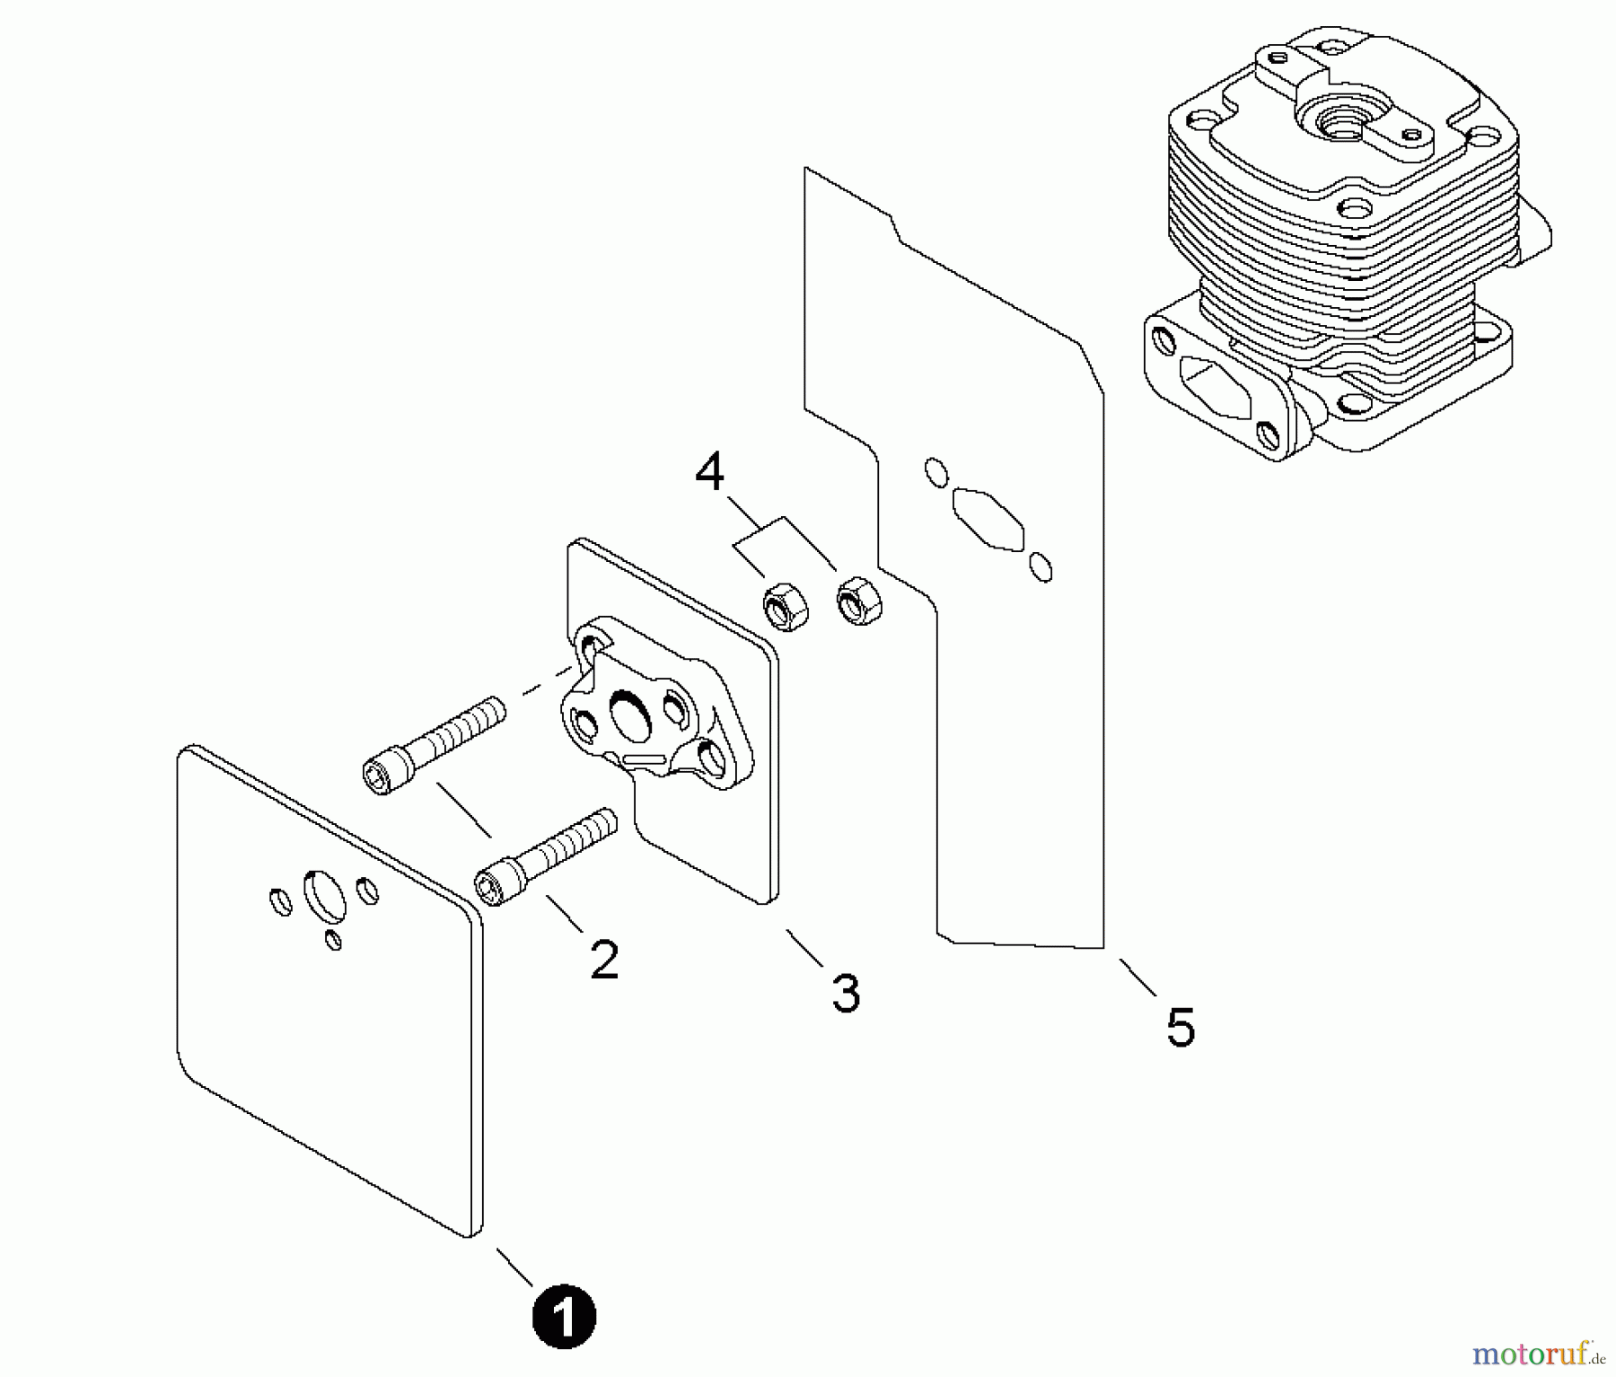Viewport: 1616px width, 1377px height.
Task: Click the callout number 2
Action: tap(604, 960)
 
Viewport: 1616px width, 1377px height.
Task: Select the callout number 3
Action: tap(846, 994)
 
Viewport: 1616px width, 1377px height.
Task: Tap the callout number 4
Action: tap(709, 473)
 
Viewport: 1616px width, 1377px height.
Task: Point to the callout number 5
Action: tap(1181, 1027)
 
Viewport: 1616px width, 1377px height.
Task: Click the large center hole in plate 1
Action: tap(324, 894)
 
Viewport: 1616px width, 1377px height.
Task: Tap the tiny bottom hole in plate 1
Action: tap(334, 940)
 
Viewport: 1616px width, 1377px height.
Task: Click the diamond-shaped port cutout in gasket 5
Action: tap(988, 519)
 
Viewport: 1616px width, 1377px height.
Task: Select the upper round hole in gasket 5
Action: tap(935, 472)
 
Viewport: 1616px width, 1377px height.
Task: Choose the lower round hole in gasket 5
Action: tap(1041, 567)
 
